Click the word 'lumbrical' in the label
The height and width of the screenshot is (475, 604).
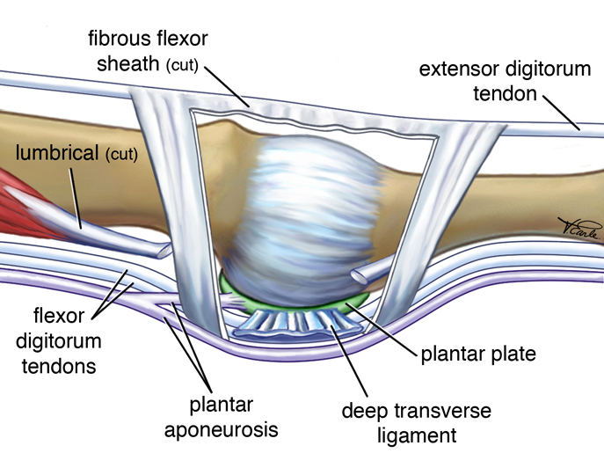pos(56,153)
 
